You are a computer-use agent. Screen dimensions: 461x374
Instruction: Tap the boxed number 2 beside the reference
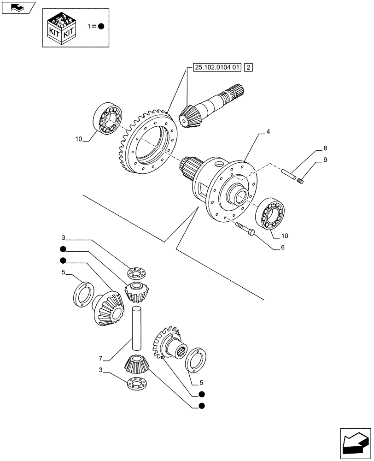[249, 67]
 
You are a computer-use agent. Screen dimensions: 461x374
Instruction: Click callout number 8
[325, 148]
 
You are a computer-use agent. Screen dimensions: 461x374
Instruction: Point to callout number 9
[325, 160]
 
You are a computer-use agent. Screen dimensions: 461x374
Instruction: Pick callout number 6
[283, 248]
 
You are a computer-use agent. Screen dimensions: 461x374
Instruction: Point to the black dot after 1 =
[101, 26]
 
